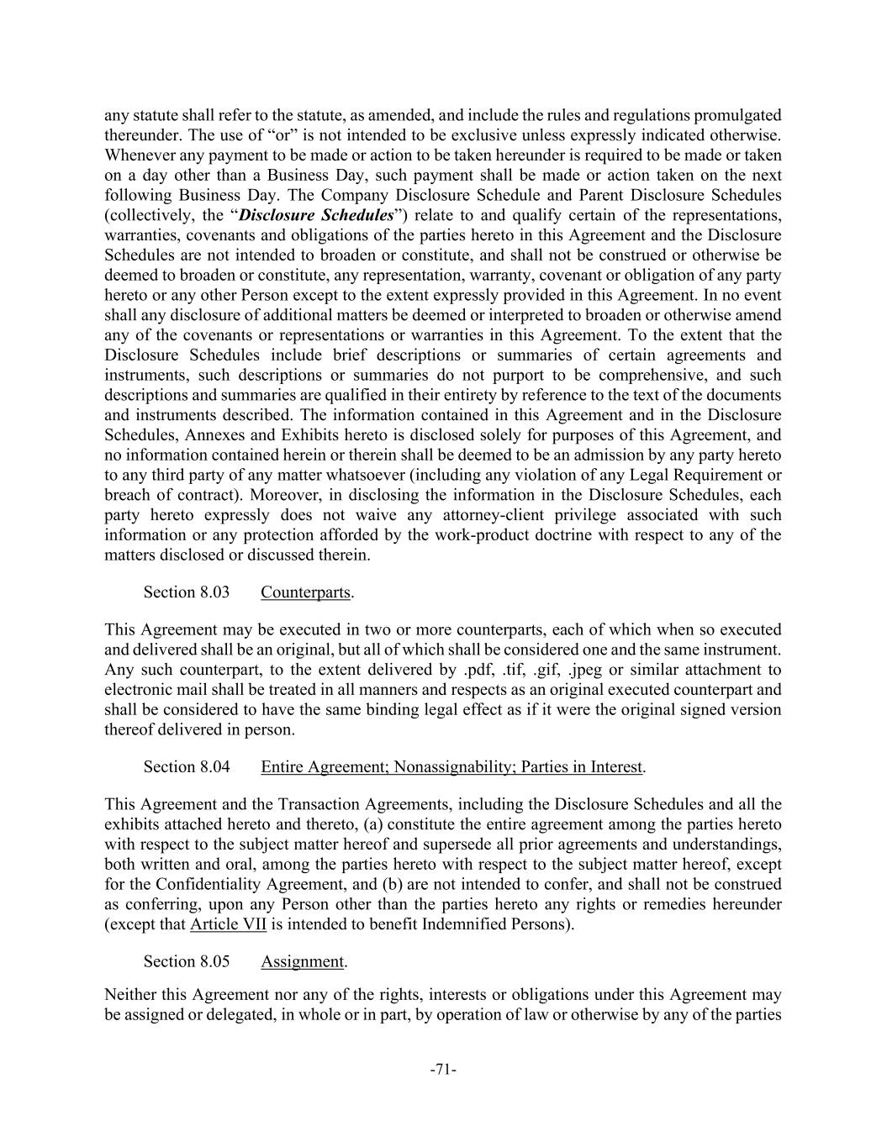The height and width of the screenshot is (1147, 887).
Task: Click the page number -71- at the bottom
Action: coord(443,1070)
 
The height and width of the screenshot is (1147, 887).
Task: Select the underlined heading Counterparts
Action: coord(305,592)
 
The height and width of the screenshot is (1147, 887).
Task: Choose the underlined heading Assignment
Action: coord(302,961)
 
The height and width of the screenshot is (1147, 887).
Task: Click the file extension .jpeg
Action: coord(588,670)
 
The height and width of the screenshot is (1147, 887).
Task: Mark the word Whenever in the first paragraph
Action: coord(138,155)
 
